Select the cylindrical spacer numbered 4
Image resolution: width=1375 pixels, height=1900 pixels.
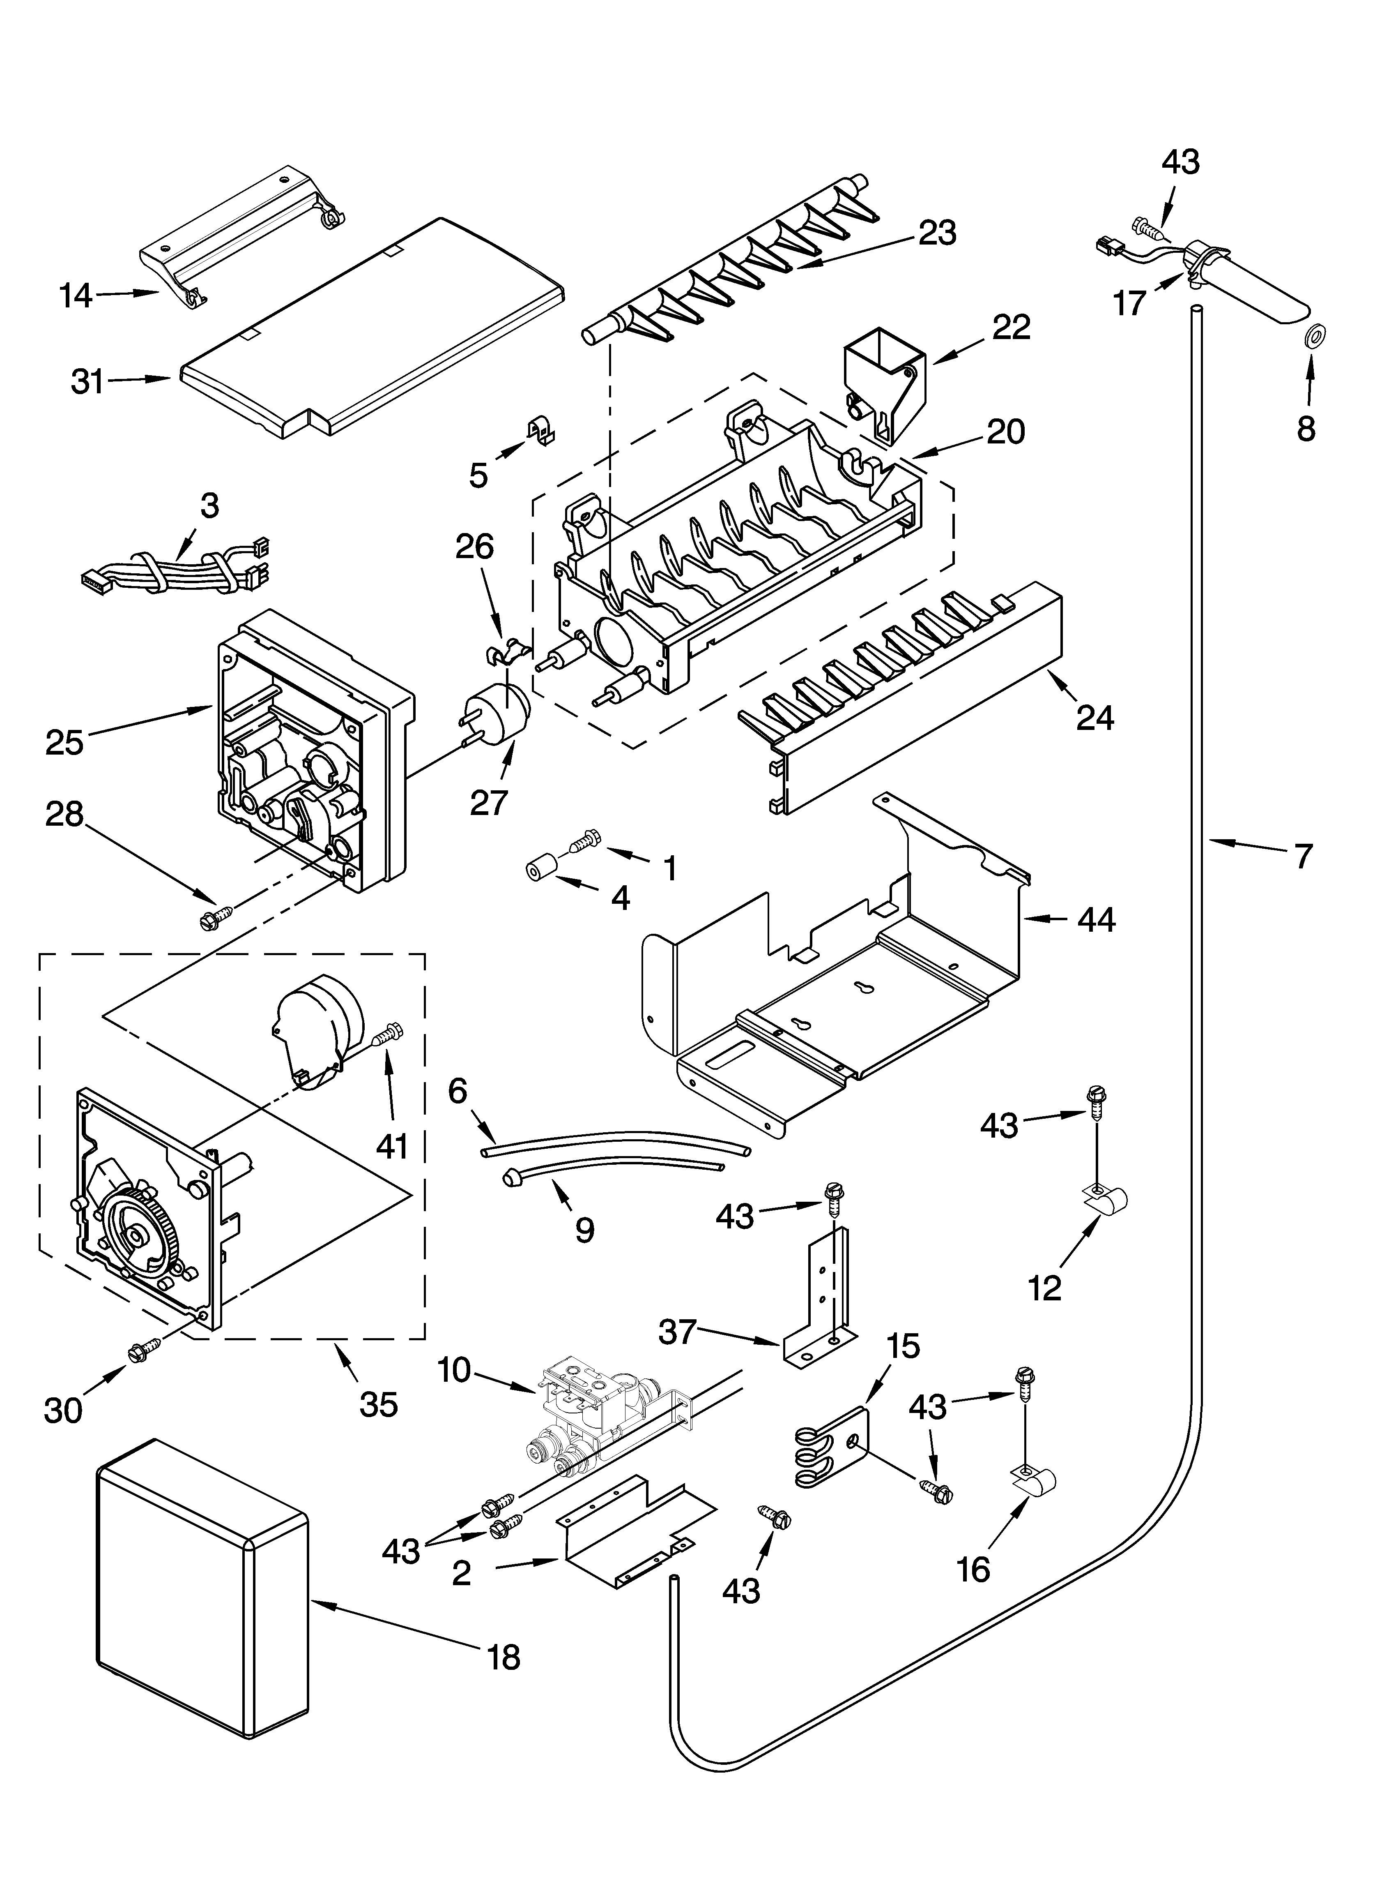(x=542, y=871)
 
